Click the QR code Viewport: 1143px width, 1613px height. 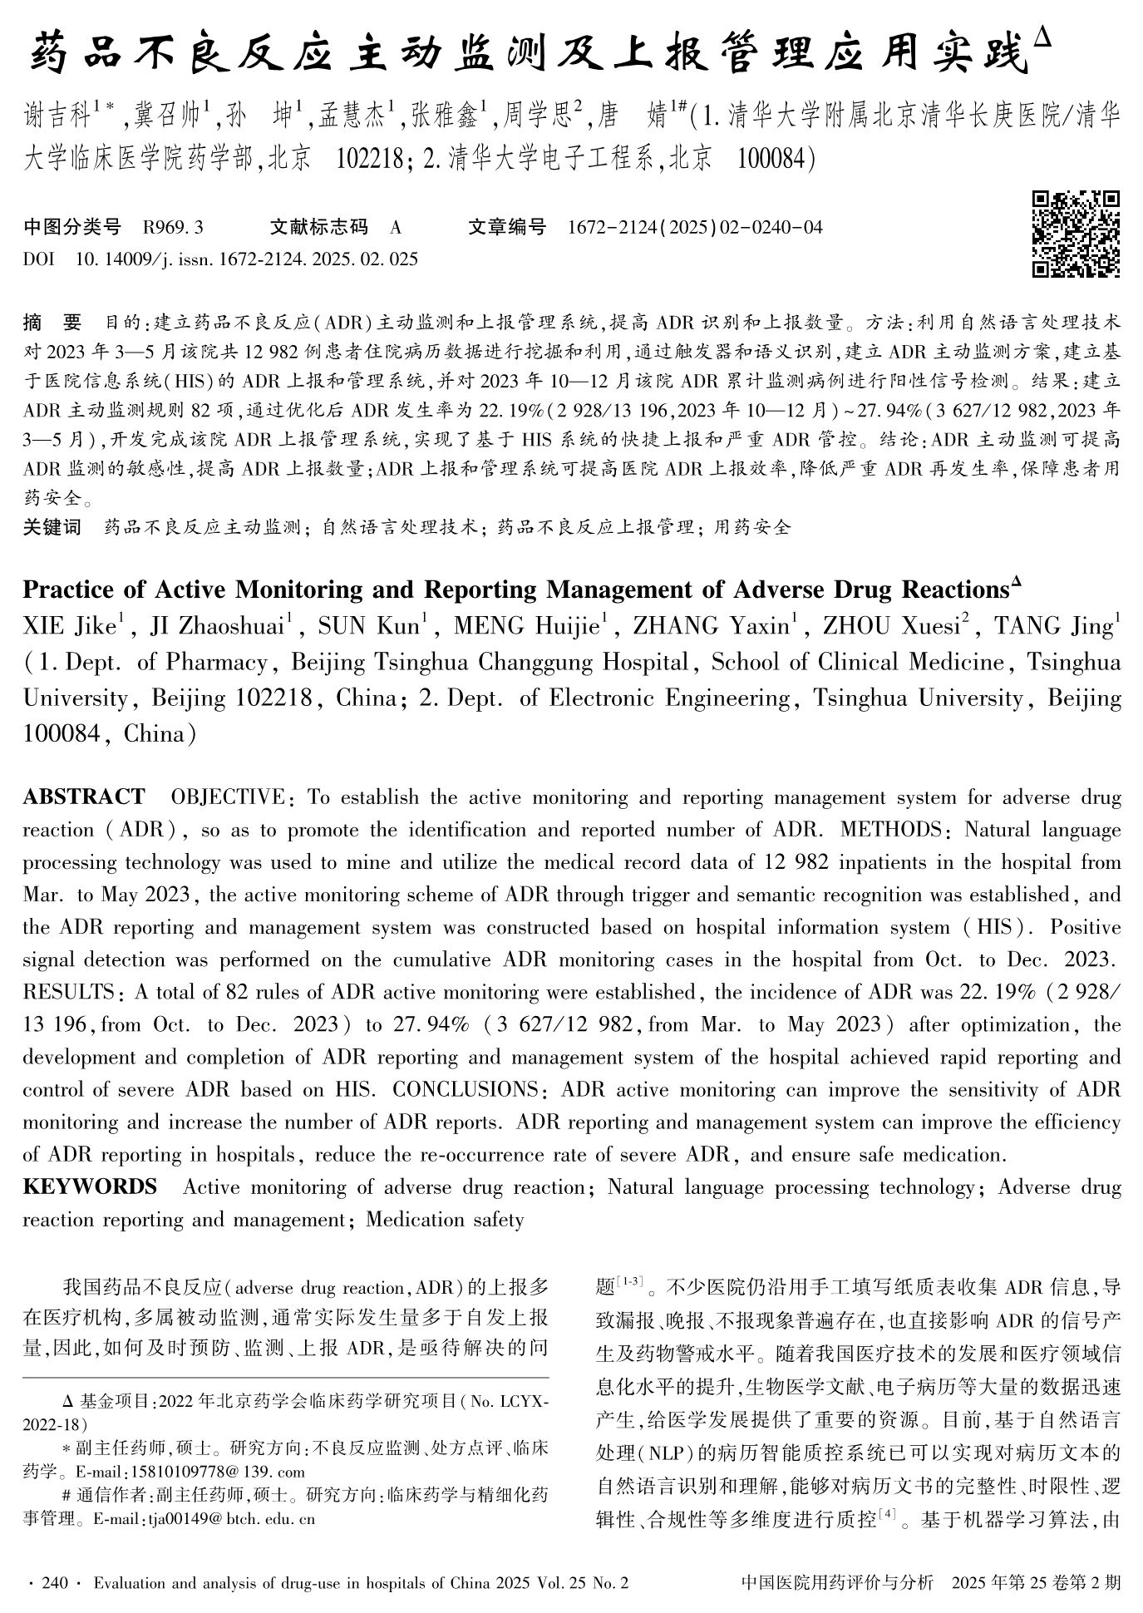[1076, 234]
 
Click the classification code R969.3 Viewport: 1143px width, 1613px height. [173, 227]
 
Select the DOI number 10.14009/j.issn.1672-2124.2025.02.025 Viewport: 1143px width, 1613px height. [246, 259]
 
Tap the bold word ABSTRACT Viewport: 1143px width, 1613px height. [83, 797]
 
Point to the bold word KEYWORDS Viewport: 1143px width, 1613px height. [90, 1186]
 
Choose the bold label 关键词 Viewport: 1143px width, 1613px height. [52, 526]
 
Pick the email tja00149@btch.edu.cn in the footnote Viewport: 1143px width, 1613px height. [232, 1520]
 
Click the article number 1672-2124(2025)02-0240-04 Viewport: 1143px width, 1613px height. [694, 227]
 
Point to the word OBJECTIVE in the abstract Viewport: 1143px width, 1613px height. [227, 797]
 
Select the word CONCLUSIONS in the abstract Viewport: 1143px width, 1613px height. [466, 1089]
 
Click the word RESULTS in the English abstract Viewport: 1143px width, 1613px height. [68, 992]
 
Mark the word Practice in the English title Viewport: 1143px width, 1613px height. [67, 589]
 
